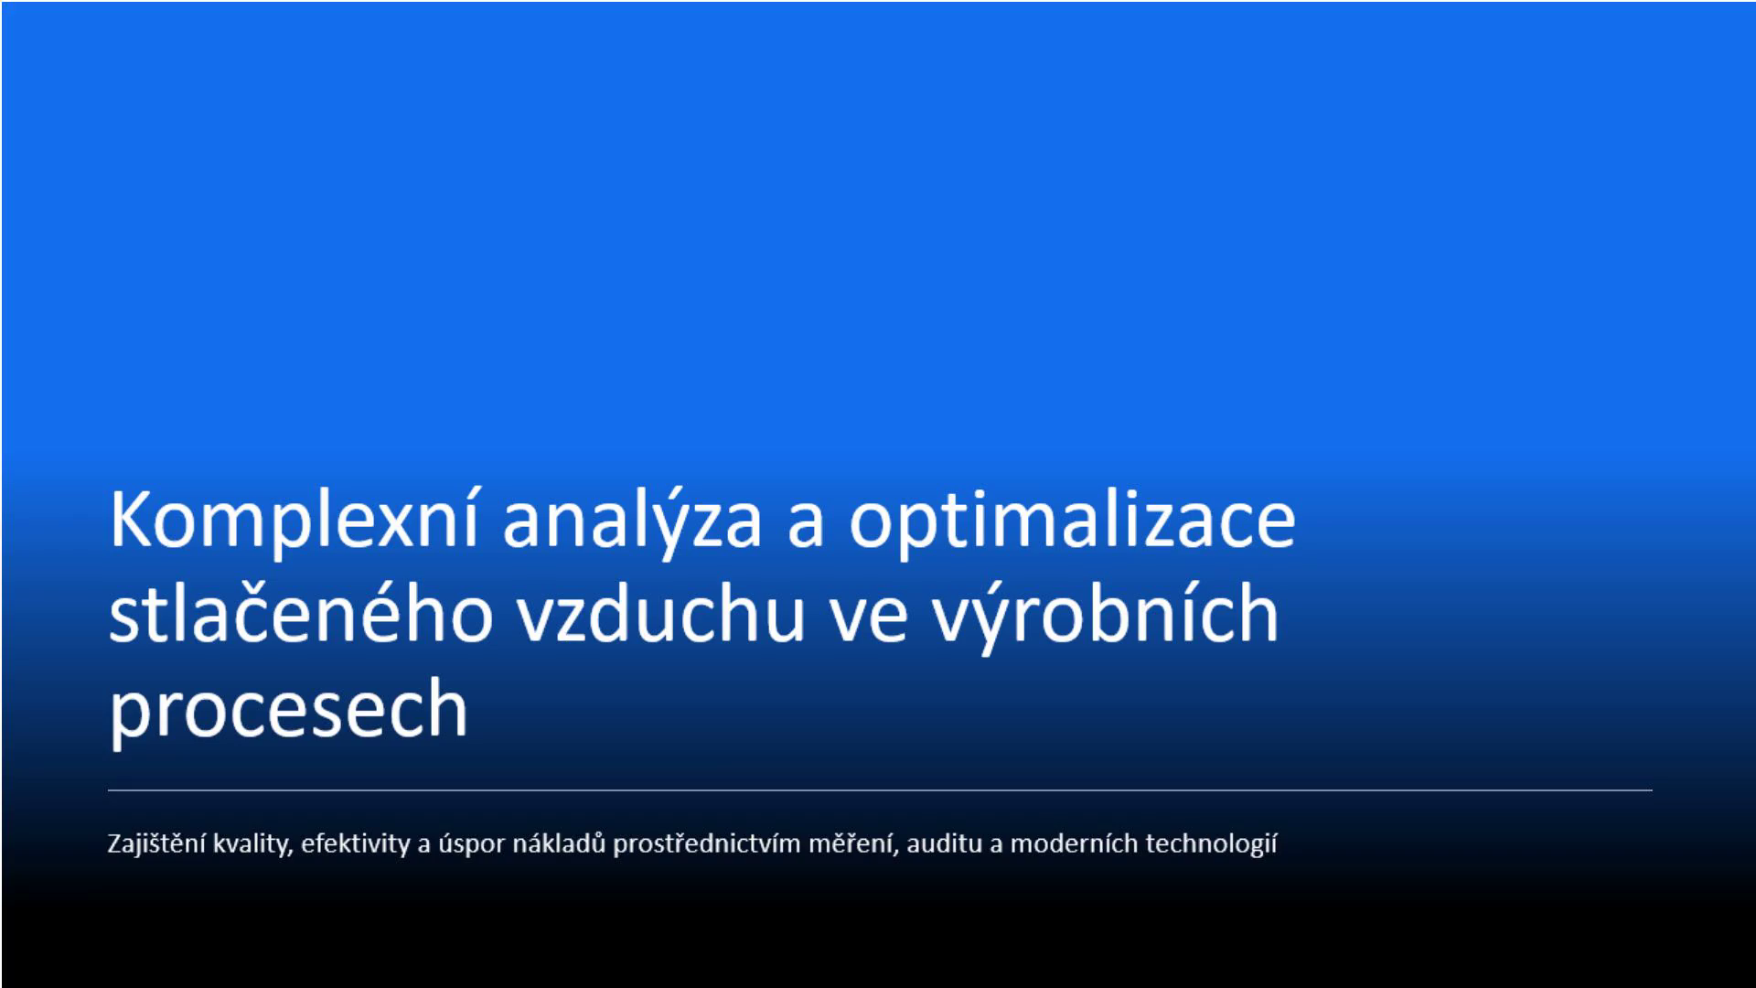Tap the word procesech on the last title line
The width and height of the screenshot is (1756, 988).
[289, 708]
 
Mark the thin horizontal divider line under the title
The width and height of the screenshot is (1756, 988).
[880, 789]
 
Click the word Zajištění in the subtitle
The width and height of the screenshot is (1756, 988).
[156, 843]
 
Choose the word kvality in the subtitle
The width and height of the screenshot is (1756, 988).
[252, 843]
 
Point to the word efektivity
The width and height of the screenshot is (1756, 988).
[355, 843]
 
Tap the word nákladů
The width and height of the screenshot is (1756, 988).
[559, 843]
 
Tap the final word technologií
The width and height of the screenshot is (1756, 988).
[1211, 843]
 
